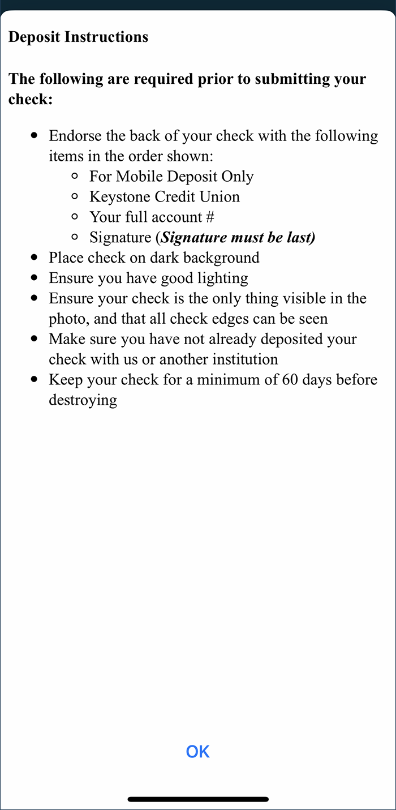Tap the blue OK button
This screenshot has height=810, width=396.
pos(197,752)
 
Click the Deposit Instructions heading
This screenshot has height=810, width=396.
pos(78,37)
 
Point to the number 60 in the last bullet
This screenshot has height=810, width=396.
pos(292,380)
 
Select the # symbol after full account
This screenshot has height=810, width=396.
pos(210,217)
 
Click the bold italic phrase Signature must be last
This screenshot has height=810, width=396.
pos(238,238)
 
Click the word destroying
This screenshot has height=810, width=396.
pos(83,400)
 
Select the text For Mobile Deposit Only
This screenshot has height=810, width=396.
pos(171,177)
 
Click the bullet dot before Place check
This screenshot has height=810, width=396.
pos(35,258)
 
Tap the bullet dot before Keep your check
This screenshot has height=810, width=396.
pos(35,380)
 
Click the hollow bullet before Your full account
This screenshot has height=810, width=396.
pos(75,217)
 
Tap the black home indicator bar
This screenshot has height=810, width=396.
pos(198,799)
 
